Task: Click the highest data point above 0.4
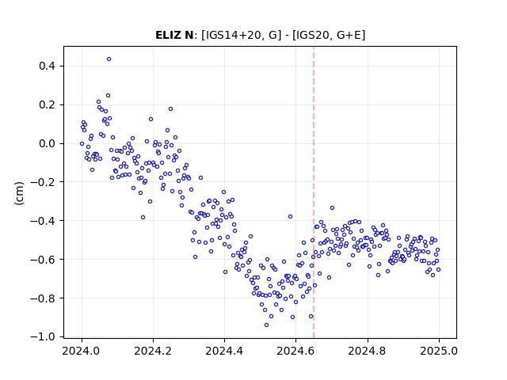click(109, 59)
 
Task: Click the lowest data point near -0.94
click(266, 325)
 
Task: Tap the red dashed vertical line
click(314, 192)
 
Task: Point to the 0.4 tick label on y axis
click(48, 66)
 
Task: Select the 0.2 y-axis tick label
click(48, 105)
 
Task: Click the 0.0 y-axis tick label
click(48, 143)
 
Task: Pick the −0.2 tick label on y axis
click(43, 182)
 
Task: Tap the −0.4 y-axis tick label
click(43, 221)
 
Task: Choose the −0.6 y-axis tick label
click(43, 260)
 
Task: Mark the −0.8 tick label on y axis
click(43, 298)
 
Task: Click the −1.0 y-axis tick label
click(43, 336)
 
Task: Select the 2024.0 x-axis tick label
click(82, 351)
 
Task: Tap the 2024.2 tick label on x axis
click(153, 351)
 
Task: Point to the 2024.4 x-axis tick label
click(224, 351)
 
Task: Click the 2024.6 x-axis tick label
click(295, 351)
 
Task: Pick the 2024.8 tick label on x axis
click(368, 351)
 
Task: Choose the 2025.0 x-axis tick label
click(439, 351)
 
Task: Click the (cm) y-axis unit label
click(19, 193)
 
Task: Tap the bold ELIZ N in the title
click(174, 35)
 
